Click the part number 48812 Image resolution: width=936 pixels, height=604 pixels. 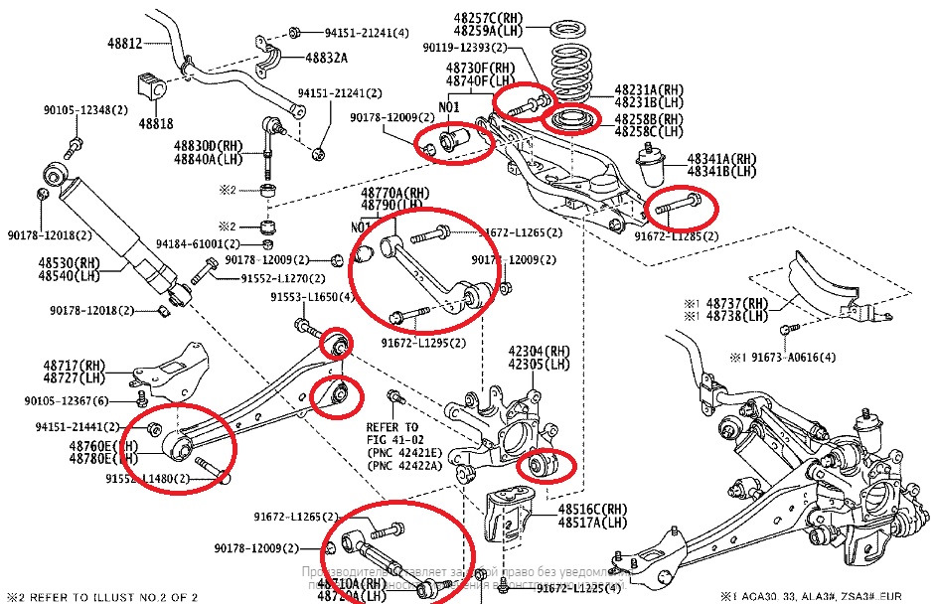125,44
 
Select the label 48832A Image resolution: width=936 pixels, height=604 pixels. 326,58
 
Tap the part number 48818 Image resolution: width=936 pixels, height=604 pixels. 156,123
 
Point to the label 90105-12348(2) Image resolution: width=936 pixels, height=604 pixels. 84,109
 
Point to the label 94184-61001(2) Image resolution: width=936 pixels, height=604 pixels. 198,243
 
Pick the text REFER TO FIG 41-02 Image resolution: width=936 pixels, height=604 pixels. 392,433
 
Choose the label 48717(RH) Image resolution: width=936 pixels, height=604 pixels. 75,366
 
